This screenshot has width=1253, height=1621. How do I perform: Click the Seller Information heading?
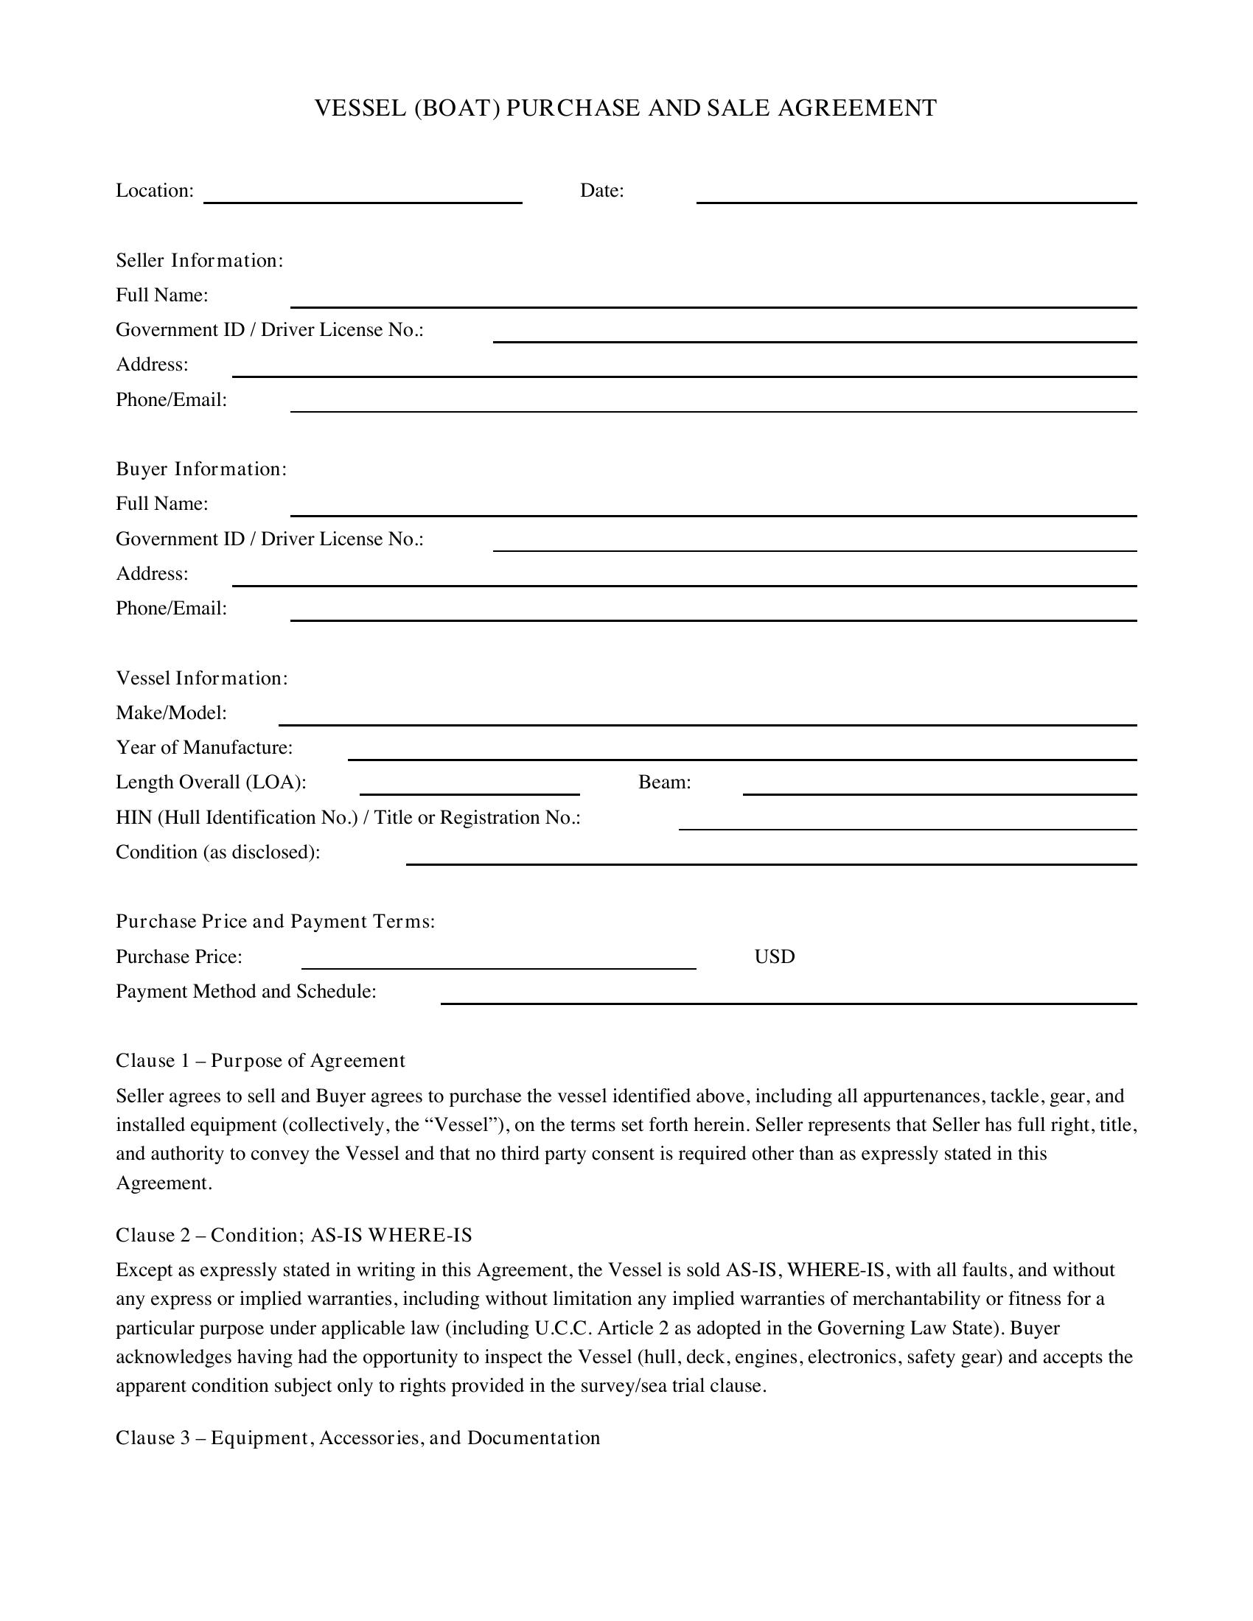[199, 261]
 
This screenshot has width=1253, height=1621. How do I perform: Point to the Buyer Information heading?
[200, 469]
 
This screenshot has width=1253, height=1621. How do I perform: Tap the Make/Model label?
[171, 713]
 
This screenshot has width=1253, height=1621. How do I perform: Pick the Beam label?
[664, 783]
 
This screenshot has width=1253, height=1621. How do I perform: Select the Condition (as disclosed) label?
[217, 852]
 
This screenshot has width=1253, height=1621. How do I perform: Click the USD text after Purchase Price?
[774, 956]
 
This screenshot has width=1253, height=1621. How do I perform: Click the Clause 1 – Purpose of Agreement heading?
[259, 1060]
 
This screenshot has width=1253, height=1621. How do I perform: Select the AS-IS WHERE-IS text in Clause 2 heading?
[391, 1235]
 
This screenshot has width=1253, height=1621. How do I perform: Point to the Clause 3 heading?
[357, 1438]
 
